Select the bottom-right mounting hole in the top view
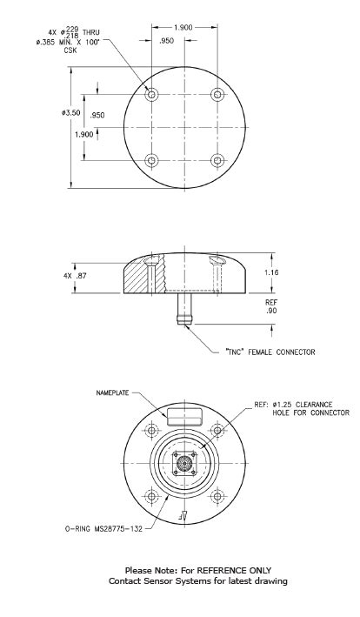click(x=217, y=160)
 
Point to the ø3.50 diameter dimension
click(x=72, y=113)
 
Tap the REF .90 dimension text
click(x=271, y=305)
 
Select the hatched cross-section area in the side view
click(x=139, y=278)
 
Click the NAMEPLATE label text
click(x=110, y=392)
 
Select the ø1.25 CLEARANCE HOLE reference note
click(x=299, y=409)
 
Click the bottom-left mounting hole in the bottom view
click(x=153, y=496)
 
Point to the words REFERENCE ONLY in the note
click(x=230, y=570)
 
